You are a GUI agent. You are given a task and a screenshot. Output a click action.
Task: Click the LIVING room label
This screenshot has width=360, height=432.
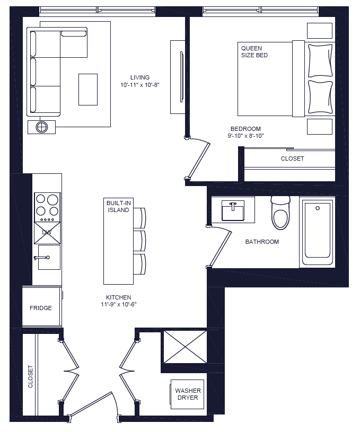coord(140,77)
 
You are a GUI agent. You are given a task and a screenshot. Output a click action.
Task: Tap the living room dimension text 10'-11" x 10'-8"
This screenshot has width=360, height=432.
coord(139,85)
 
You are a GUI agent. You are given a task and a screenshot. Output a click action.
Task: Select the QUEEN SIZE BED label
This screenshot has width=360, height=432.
coord(254,51)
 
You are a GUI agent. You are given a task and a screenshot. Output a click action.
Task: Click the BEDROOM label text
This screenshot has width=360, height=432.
coord(245,129)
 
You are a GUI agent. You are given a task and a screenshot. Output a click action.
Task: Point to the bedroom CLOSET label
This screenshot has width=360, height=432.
coord(293,158)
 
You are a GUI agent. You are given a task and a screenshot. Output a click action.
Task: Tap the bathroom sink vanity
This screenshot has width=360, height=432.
coord(233,210)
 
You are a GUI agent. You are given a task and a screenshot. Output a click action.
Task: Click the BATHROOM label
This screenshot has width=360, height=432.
coord(262,242)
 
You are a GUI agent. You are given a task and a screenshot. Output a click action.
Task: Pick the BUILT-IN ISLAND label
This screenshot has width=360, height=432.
coord(118,207)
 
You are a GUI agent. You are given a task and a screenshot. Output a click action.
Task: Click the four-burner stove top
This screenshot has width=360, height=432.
coord(47,207)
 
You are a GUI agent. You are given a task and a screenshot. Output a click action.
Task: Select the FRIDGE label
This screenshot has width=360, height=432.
coord(41,308)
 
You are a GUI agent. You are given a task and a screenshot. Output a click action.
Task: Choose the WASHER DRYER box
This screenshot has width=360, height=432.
coord(187,394)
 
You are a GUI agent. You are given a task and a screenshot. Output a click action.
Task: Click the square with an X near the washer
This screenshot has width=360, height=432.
coord(185,347)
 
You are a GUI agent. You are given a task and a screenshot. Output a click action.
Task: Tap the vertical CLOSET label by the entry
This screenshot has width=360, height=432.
coord(30,376)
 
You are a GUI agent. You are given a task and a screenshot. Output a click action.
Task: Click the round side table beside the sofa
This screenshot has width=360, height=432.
coord(42,127)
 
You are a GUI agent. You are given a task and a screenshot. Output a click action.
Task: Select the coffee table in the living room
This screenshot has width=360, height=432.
coord(88,90)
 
